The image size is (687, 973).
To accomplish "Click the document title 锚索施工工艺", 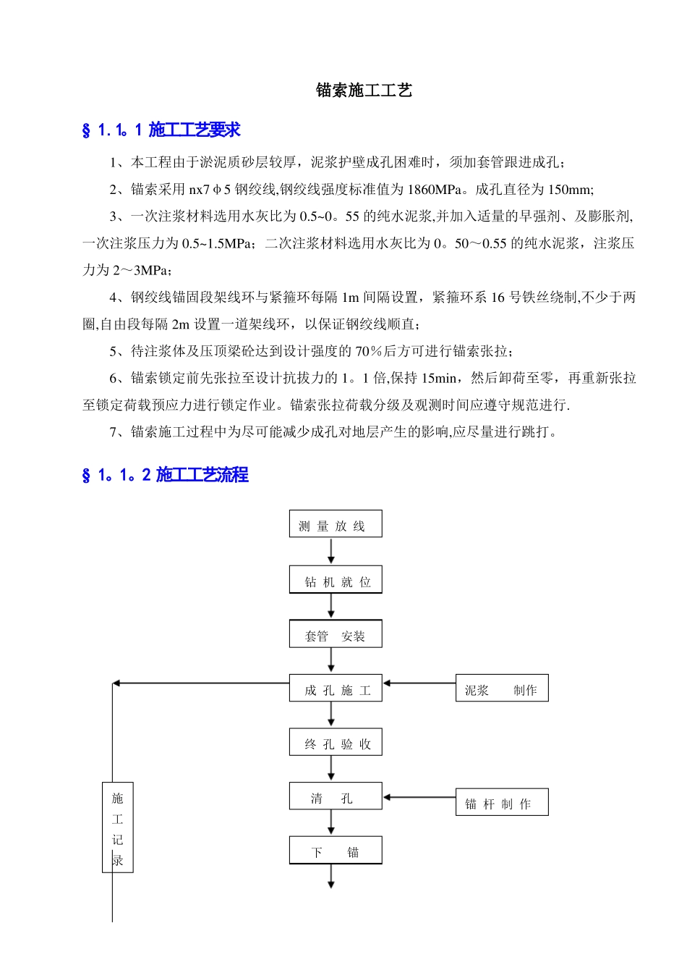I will (364, 90).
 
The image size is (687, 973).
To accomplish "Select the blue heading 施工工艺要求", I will (194, 130).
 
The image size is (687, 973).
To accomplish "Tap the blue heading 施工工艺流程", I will (202, 475).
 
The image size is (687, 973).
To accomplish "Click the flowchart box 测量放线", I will (336, 524).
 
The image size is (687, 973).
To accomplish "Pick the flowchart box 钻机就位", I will (336, 581).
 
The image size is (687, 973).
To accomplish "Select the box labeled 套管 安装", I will (336, 635).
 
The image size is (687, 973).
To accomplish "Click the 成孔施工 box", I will (336, 689).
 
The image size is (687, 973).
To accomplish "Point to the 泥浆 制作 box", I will (502, 689).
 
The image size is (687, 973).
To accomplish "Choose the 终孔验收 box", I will (336, 744).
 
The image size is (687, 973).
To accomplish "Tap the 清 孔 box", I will (336, 797).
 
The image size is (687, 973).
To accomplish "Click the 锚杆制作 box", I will (502, 803).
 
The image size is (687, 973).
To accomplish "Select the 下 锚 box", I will (336, 851).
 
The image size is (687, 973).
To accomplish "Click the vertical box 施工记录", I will (118, 827).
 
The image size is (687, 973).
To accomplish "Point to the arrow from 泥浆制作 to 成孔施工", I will (419, 683).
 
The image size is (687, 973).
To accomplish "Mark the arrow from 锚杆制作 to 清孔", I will (419, 797).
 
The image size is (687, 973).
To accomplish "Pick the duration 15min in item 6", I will (439, 378).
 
